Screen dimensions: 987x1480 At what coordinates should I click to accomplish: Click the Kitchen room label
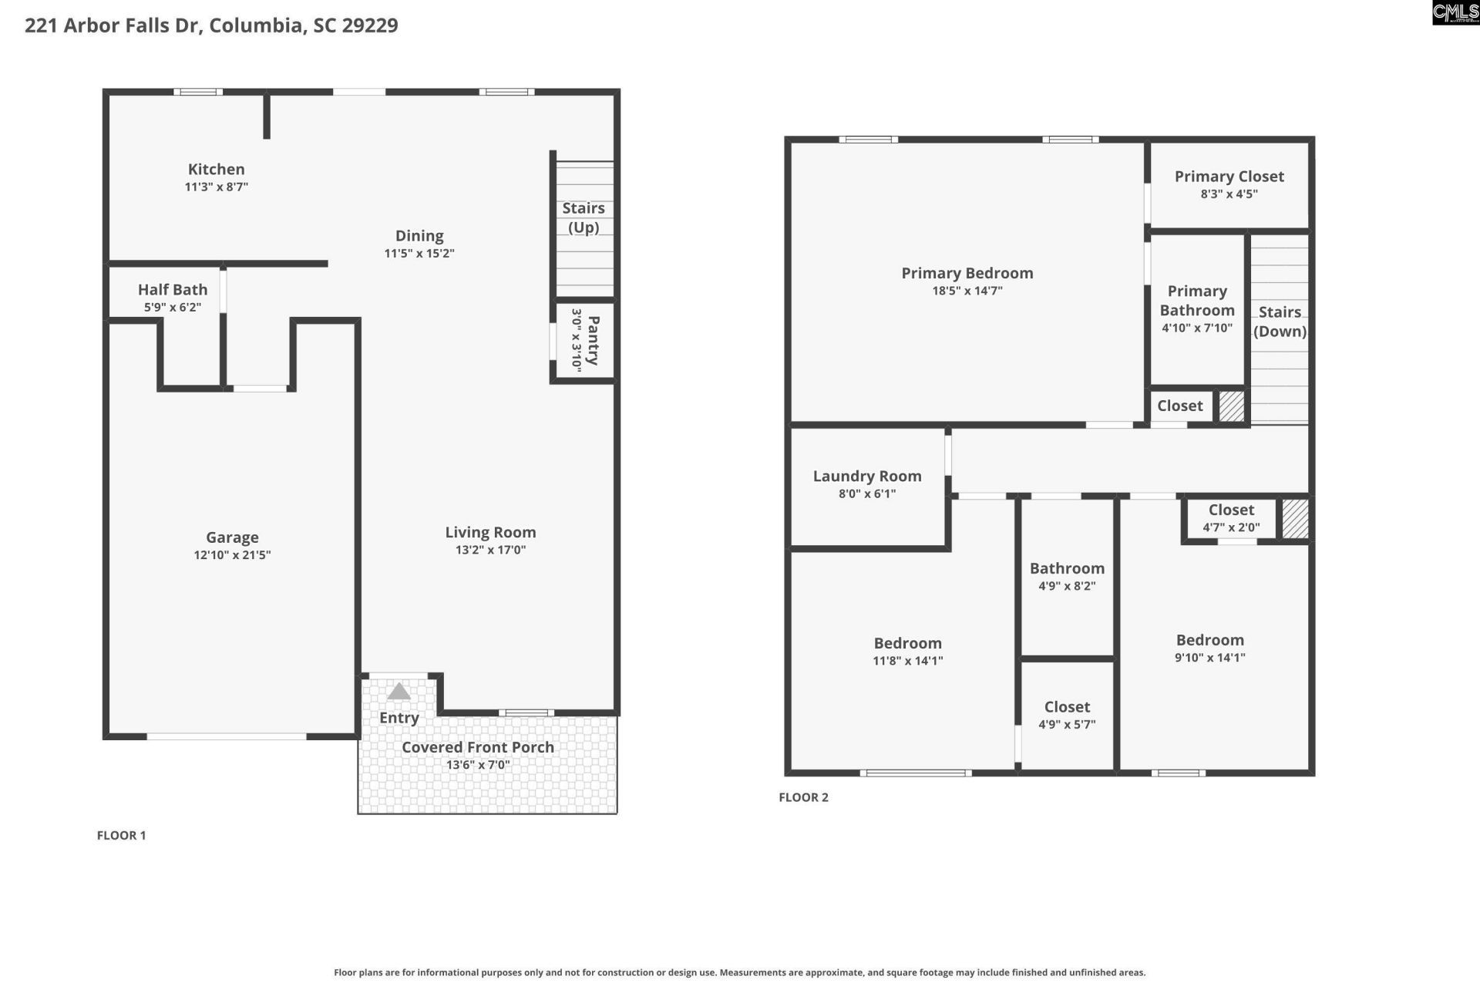click(x=217, y=169)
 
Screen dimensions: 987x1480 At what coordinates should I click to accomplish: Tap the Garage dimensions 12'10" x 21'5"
click(x=232, y=555)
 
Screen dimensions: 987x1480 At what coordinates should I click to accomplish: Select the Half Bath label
click(x=173, y=289)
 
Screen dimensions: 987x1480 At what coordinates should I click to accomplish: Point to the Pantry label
click(x=593, y=340)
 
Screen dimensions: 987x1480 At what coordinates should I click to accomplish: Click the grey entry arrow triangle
click(x=399, y=692)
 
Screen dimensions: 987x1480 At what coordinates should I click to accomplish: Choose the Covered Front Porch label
click(x=478, y=747)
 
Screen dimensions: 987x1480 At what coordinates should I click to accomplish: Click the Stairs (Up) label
click(x=584, y=217)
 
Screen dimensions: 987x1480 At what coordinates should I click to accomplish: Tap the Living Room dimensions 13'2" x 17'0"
click(x=490, y=550)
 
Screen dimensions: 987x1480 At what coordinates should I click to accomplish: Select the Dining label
click(x=419, y=235)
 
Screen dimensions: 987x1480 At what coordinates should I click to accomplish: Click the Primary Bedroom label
click(x=967, y=273)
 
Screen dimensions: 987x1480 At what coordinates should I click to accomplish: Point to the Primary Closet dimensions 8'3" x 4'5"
click(x=1229, y=194)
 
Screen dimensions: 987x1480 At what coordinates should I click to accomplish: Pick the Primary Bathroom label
click(x=1197, y=301)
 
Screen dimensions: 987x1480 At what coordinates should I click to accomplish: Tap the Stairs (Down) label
click(x=1280, y=322)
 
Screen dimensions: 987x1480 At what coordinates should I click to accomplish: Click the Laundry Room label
click(x=867, y=476)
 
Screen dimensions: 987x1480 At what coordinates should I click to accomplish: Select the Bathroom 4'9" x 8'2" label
click(x=1067, y=568)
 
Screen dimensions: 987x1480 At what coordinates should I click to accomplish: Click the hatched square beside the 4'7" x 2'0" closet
click(x=1295, y=519)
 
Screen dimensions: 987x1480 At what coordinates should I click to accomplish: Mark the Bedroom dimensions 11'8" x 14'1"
click(x=908, y=661)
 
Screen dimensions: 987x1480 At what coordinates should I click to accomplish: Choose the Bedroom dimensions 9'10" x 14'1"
click(x=1210, y=658)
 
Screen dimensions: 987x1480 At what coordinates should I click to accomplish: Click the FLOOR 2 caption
click(x=803, y=797)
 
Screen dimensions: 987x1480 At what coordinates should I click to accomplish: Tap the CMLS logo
click(x=1455, y=12)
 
